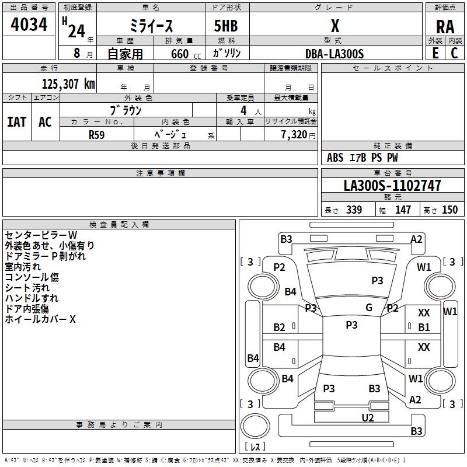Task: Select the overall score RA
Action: tap(445, 27)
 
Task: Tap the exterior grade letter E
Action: tap(435, 53)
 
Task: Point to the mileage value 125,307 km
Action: tap(68, 83)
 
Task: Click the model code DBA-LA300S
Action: tap(334, 53)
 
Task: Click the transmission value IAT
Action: tap(16, 122)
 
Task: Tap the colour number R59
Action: tap(96, 134)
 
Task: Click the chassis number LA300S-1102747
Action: tap(392, 186)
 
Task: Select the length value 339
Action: tap(354, 210)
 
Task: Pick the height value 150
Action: tap(449, 210)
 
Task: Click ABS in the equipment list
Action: tap(335, 158)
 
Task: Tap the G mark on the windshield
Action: tap(369, 308)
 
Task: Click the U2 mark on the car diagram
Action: tap(367, 417)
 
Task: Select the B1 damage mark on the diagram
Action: tap(424, 327)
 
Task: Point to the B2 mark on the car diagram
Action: tap(280, 327)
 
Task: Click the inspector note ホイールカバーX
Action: tap(40, 319)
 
